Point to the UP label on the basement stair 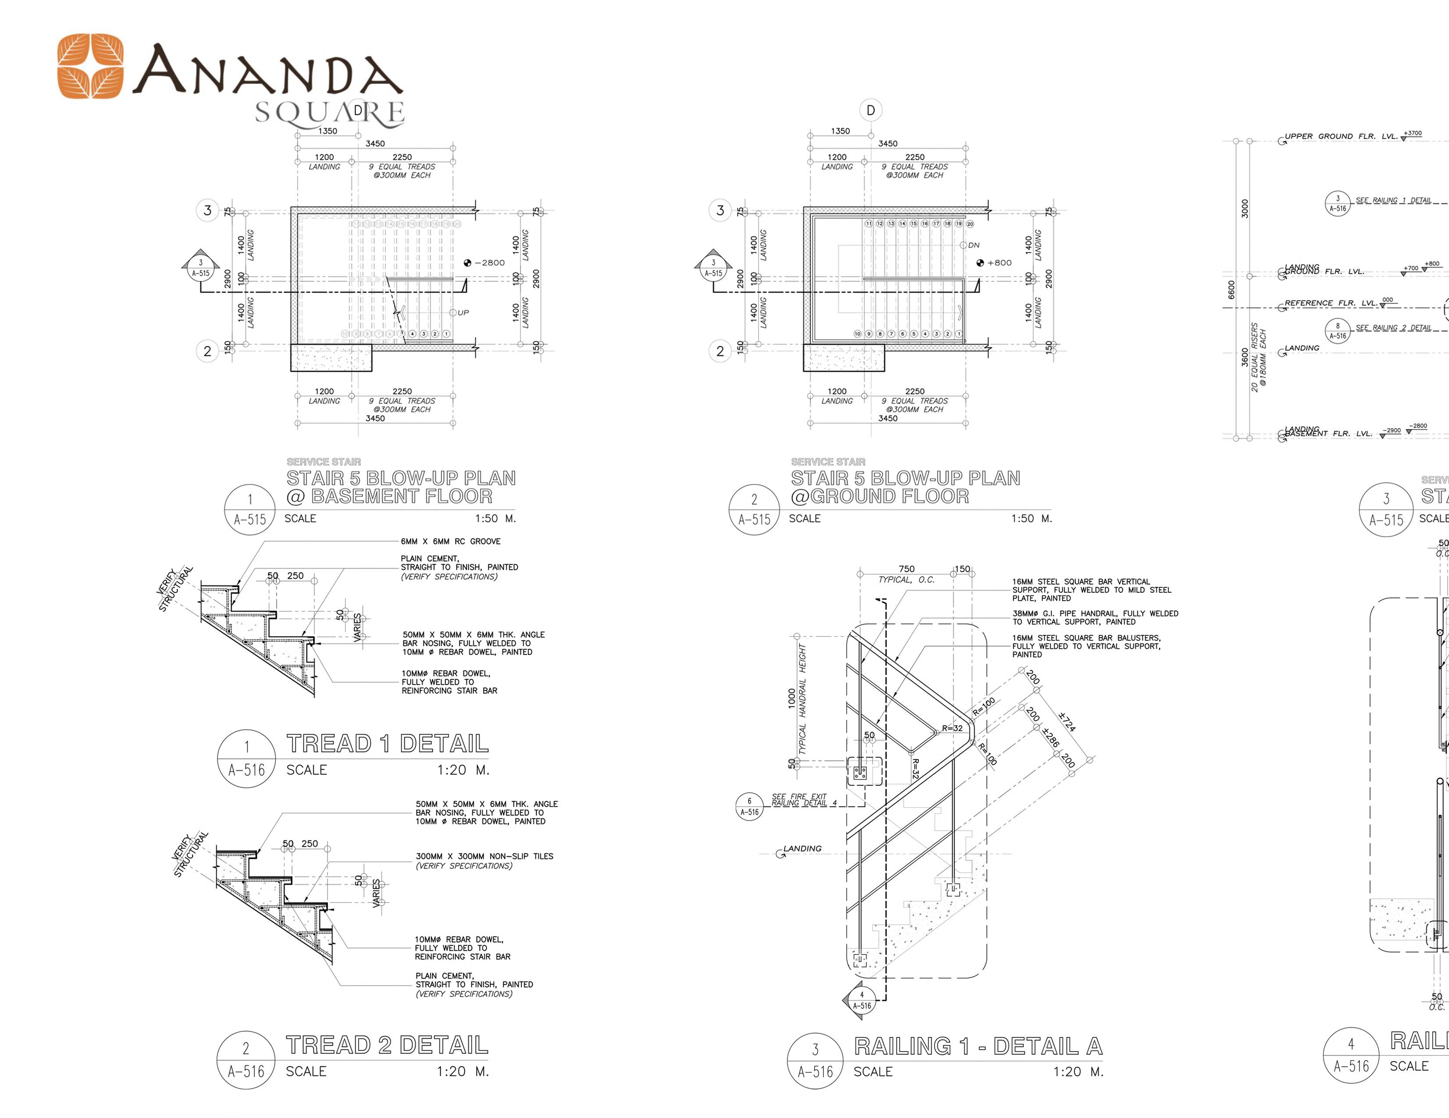(463, 313)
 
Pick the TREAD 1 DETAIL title (388, 744)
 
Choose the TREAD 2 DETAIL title (388, 1045)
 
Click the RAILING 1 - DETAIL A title (978, 1047)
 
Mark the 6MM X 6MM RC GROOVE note (451, 541)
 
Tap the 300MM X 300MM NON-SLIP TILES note (484, 856)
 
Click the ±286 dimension (1050, 737)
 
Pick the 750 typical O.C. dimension (906, 569)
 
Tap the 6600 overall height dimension (1232, 290)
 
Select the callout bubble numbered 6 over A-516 (750, 806)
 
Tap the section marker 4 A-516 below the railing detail (861, 1001)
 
